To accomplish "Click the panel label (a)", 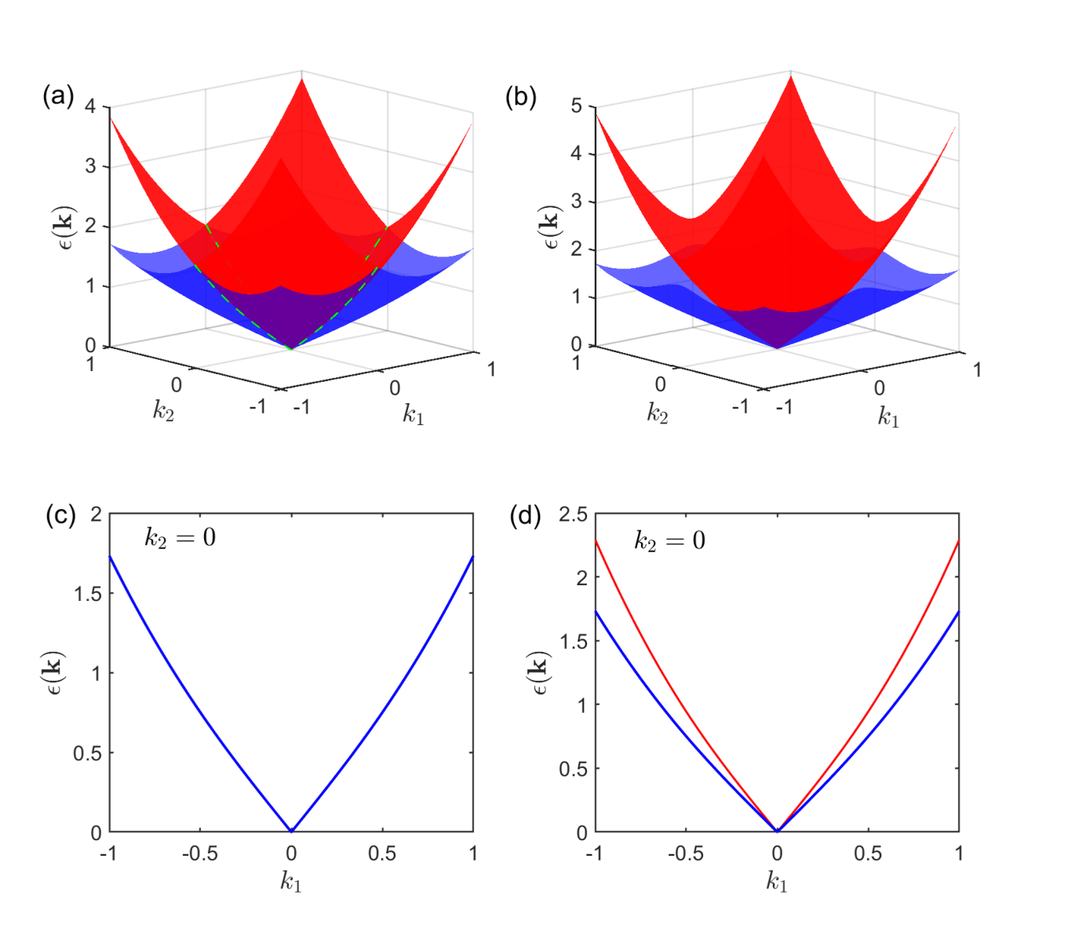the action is (x=58, y=96).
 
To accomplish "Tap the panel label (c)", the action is (x=60, y=515).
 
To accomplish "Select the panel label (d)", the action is (x=525, y=515).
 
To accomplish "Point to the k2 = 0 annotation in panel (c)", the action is (x=180, y=537).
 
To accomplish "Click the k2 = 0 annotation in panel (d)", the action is (x=669, y=540).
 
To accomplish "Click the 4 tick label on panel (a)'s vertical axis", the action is (x=90, y=107).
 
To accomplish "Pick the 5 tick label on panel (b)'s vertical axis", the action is (x=576, y=106).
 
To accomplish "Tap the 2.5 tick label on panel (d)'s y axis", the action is (x=573, y=515).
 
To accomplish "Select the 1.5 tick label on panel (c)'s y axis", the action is (x=88, y=594).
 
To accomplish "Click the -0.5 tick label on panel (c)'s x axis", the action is (x=200, y=853).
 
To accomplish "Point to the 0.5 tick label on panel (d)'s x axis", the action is (x=868, y=853).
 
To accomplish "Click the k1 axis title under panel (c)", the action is (x=291, y=882).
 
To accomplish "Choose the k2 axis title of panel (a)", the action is (x=163, y=411).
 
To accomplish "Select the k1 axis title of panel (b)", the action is (x=888, y=417).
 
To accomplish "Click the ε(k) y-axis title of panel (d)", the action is (x=541, y=673).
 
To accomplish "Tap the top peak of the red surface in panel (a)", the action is (x=302, y=78).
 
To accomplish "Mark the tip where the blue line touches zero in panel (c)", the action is (x=291, y=831).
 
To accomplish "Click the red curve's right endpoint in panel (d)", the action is (x=959, y=540).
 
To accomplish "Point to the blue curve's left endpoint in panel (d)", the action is (x=595, y=611).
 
